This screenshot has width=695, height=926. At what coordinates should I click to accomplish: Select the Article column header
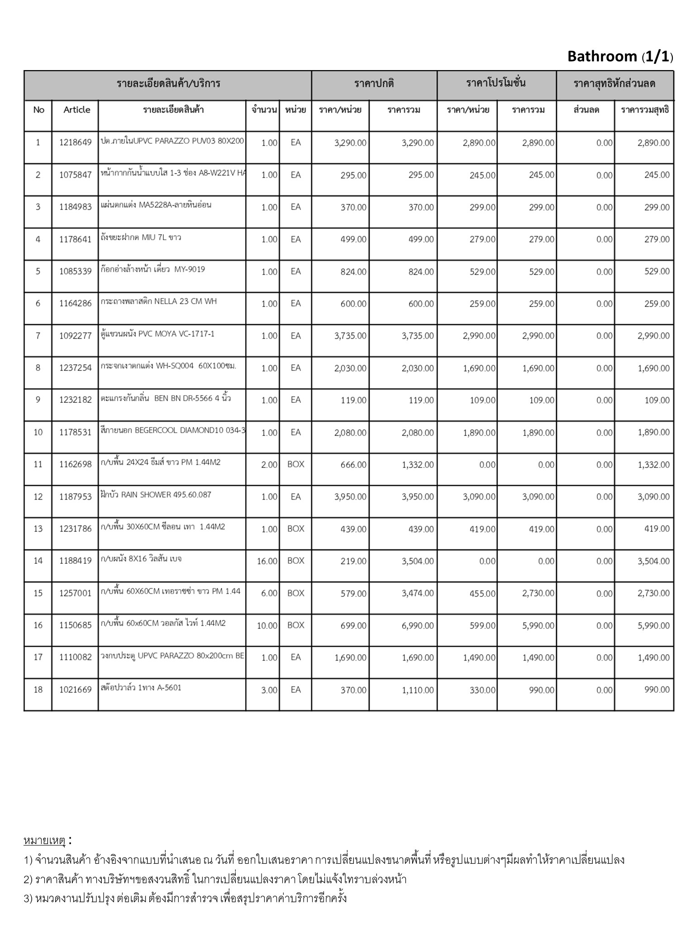[76, 110]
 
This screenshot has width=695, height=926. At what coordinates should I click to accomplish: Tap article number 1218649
[75, 143]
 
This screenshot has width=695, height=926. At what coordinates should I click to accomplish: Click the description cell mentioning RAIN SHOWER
[156, 495]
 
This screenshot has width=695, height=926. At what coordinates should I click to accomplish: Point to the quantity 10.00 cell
[267, 626]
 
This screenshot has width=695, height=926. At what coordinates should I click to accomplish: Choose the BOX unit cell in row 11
[295, 464]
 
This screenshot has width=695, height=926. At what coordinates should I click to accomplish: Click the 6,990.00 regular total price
[418, 626]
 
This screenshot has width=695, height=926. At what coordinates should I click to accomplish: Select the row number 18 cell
[38, 690]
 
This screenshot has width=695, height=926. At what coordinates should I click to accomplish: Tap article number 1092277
[75, 336]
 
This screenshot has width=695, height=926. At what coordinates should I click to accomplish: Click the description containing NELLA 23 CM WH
[159, 301]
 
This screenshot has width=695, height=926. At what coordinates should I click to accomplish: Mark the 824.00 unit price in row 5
[353, 272]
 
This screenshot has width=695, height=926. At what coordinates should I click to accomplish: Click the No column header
[38, 110]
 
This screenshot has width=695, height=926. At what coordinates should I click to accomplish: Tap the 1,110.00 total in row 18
[418, 690]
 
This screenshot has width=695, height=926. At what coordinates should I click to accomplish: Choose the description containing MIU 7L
[141, 237]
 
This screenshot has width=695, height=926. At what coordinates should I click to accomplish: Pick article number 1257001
[75, 593]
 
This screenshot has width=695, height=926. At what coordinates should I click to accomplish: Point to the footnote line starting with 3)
[186, 898]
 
